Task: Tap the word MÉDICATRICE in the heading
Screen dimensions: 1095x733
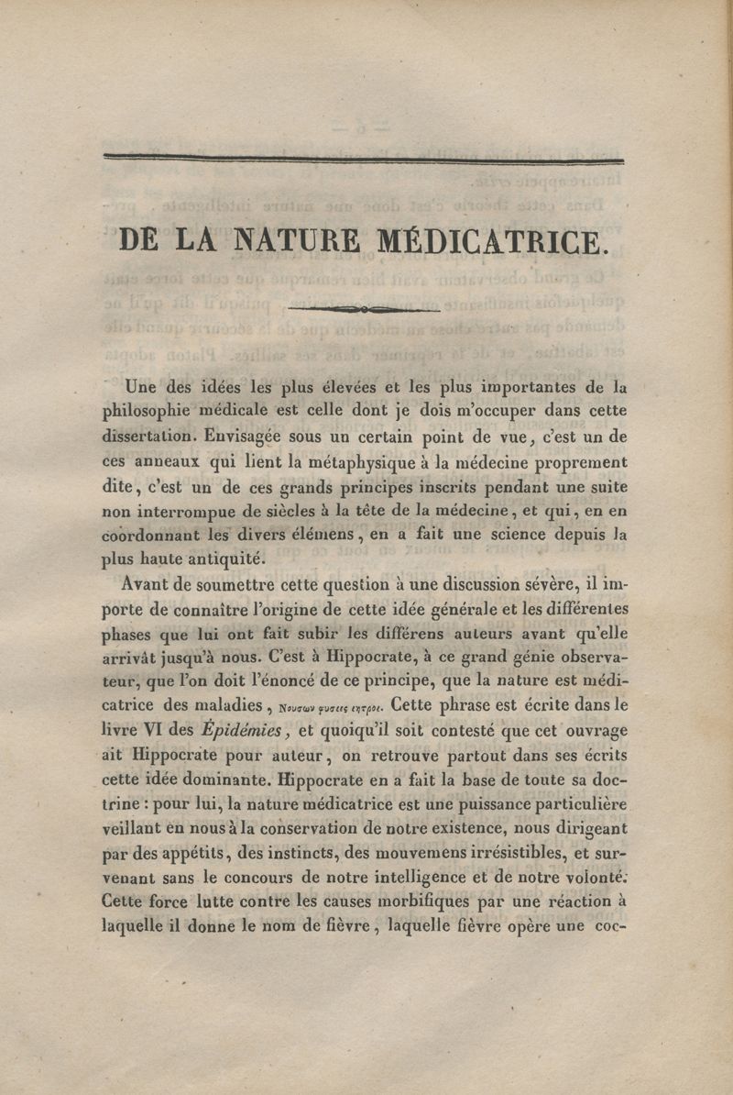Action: [490, 240]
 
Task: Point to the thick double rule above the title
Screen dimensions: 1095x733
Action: [364, 160]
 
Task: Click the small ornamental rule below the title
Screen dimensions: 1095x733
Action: [364, 310]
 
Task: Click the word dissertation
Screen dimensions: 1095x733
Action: [145, 437]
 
